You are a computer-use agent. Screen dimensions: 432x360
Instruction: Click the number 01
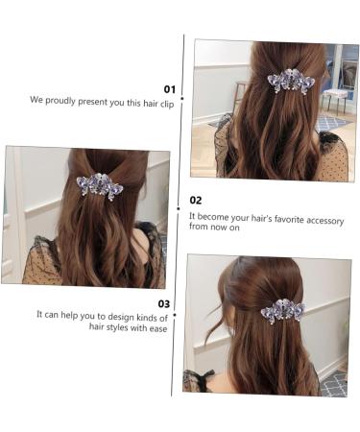(169, 87)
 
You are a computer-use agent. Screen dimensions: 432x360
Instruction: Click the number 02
(196, 201)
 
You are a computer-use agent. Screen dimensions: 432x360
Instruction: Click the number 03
(163, 302)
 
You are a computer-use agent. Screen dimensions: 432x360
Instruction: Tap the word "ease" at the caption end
(157, 326)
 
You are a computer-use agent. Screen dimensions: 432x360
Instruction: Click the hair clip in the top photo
(291, 82)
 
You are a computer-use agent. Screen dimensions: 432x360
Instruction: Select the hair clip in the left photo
(100, 185)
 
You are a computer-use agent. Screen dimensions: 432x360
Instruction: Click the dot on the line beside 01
(182, 97)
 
